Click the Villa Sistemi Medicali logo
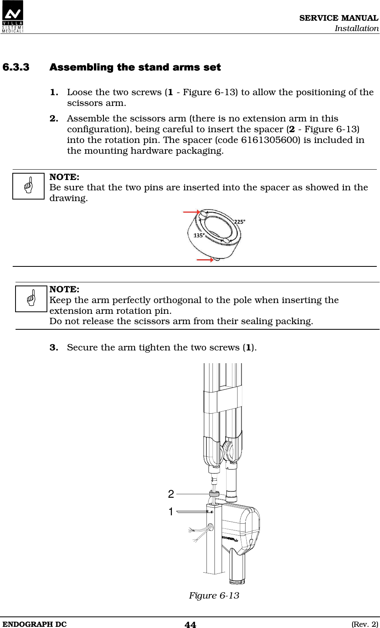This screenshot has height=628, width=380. (13, 17)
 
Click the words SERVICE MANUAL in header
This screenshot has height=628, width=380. (339, 18)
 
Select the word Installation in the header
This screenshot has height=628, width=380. (357, 28)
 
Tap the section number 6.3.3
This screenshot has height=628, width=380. (16, 67)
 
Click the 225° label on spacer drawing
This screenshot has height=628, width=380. (240, 222)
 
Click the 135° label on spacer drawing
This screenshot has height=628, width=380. (199, 235)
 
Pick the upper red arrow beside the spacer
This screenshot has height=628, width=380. (191, 212)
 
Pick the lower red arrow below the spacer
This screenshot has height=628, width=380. (205, 260)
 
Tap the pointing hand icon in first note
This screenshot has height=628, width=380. (28, 186)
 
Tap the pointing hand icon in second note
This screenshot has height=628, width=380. (31, 299)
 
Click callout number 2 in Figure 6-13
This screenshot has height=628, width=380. (171, 494)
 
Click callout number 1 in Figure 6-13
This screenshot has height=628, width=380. (171, 512)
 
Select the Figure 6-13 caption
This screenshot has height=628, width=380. (214, 596)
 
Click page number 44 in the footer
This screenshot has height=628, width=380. (190, 624)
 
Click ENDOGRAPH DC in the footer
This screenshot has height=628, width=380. (35, 624)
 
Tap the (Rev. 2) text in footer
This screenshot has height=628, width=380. (364, 624)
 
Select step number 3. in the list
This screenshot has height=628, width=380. (54, 348)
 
